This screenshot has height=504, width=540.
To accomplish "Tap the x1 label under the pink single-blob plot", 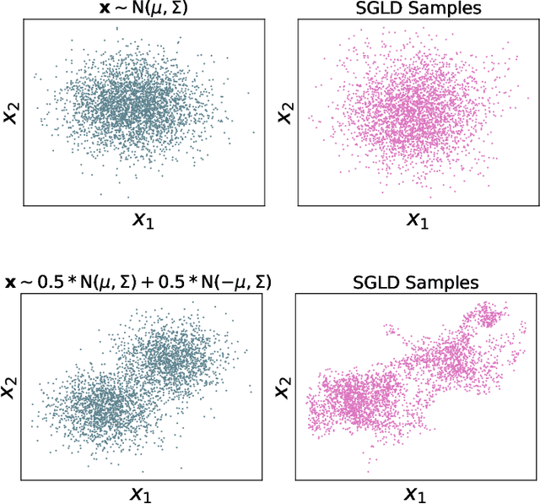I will pos(415,220).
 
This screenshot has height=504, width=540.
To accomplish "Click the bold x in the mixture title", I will pos(10,281).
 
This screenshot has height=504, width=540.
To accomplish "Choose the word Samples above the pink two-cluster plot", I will pos(437,283).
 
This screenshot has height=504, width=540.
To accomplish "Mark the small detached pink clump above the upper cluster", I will pos(489,317).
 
